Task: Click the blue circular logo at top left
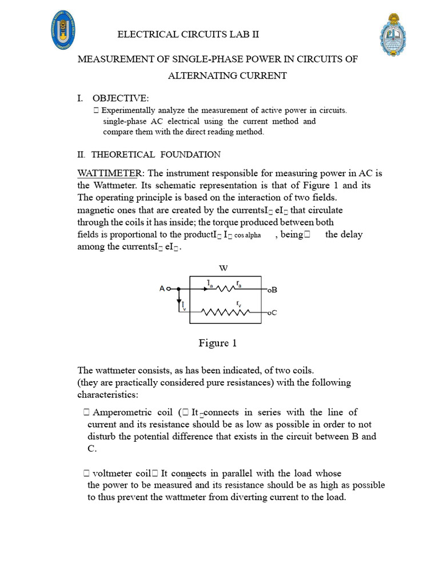coord(62,29)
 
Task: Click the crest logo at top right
coord(394,35)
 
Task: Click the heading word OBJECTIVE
coord(120,99)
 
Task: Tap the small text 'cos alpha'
coord(248,236)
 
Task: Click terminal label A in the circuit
coord(162,289)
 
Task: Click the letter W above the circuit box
coord(224,268)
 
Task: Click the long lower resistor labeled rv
coord(228,312)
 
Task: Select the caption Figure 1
coord(217,343)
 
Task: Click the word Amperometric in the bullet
coord(120,413)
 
